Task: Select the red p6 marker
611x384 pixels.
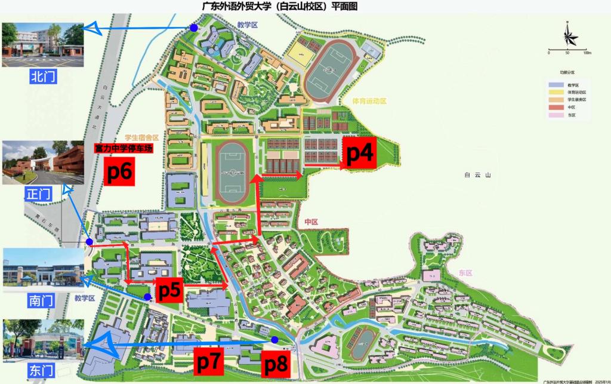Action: (122, 171)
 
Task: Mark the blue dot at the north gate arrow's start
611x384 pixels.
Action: (193, 27)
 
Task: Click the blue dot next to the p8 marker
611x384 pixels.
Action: (274, 340)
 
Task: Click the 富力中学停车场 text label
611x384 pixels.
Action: (124, 148)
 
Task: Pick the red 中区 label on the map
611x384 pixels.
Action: (311, 222)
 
